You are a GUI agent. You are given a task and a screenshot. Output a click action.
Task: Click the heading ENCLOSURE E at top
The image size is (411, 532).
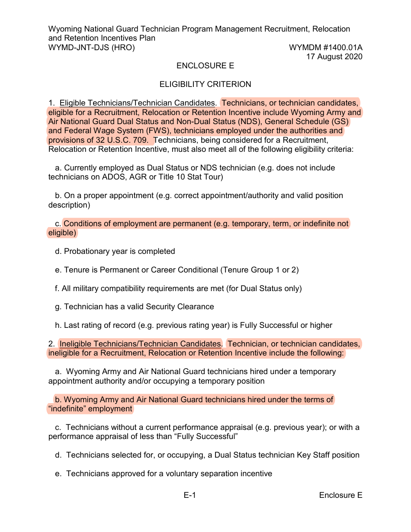pos(205,66)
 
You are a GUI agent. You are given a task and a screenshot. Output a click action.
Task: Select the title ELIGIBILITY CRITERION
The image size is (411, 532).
pos(205,84)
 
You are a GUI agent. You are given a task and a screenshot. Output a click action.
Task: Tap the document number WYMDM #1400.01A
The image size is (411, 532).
pos(325,48)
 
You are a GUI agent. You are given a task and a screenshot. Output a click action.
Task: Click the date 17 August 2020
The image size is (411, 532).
pos(334,57)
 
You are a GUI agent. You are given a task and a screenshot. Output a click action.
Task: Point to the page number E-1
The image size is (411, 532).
pos(190,495)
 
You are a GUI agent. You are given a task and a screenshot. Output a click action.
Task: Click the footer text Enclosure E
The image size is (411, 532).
pos(340,495)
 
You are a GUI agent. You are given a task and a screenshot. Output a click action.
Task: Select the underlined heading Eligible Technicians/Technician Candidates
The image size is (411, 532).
pos(137,103)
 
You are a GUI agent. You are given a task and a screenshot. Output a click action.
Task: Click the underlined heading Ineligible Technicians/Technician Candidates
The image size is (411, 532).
pos(140,344)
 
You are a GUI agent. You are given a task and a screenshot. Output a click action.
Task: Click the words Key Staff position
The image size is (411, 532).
pos(328,455)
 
